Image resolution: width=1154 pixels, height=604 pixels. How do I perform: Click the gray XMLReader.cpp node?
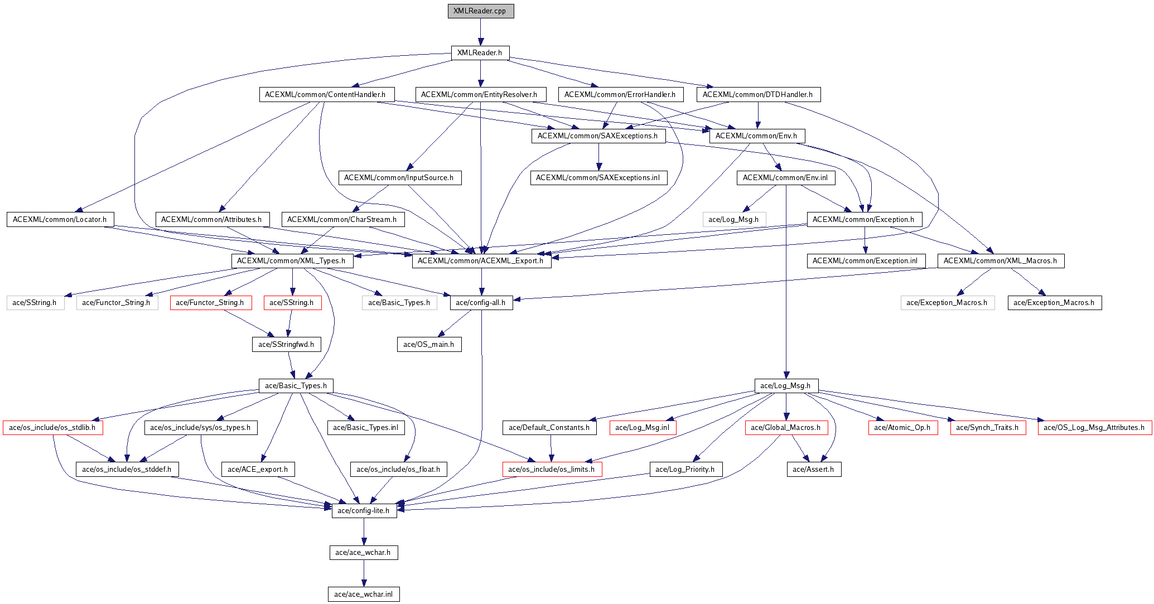(x=480, y=11)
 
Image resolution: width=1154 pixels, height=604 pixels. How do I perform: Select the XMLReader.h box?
(x=480, y=53)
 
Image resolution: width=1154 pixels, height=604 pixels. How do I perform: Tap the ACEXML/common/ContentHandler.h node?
(x=326, y=94)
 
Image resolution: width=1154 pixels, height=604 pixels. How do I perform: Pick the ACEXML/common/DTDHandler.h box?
(x=758, y=94)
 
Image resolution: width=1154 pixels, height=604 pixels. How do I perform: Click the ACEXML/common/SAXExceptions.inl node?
(x=598, y=178)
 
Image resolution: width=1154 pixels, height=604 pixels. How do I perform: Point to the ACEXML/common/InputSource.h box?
(x=400, y=178)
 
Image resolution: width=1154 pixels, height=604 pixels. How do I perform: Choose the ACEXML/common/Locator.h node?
(x=60, y=219)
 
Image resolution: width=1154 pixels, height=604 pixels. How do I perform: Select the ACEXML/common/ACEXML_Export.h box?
(x=481, y=260)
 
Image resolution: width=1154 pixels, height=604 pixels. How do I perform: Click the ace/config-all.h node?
(x=481, y=303)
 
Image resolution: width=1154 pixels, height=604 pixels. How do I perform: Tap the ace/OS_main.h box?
(x=429, y=344)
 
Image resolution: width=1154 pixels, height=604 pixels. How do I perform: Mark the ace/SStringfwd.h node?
(x=286, y=344)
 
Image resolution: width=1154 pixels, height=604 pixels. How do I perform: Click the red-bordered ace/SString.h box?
(x=292, y=303)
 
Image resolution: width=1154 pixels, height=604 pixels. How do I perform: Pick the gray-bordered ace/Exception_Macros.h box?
(x=947, y=303)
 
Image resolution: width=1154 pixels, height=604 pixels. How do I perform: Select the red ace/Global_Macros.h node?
(x=786, y=428)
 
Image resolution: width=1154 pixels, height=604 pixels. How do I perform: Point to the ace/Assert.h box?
(x=814, y=469)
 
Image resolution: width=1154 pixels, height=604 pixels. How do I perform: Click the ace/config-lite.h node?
(x=364, y=510)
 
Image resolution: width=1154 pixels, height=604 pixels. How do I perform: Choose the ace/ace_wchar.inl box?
(x=364, y=594)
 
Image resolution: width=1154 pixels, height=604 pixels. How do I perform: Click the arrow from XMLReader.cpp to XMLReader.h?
(x=480, y=32)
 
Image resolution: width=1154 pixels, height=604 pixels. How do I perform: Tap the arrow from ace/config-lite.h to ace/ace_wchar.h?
(x=364, y=531)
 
